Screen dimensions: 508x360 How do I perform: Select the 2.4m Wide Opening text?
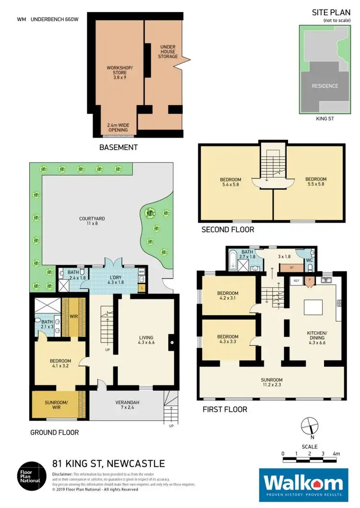118,127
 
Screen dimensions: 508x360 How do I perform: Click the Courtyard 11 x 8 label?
92,221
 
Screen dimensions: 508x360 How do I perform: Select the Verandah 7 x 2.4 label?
128,405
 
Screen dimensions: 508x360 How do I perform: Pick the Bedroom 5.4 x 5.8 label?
230,182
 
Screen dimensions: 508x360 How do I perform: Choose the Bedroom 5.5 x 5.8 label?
316,182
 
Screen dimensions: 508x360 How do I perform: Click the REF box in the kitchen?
296,280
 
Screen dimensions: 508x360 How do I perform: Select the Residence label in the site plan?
325,86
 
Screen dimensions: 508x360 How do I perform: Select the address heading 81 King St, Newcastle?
108,463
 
